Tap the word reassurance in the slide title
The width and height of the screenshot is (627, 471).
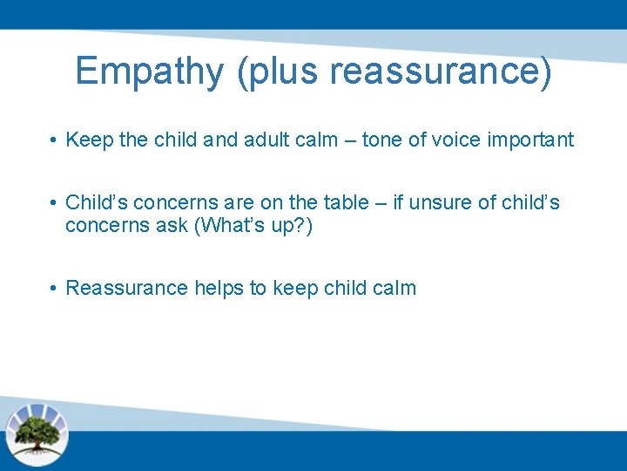441,72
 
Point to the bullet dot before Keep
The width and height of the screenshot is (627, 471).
53,140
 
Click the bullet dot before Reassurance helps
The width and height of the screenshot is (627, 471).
53,289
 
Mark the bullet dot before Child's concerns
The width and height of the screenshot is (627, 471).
53,203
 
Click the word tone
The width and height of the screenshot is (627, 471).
383,140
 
